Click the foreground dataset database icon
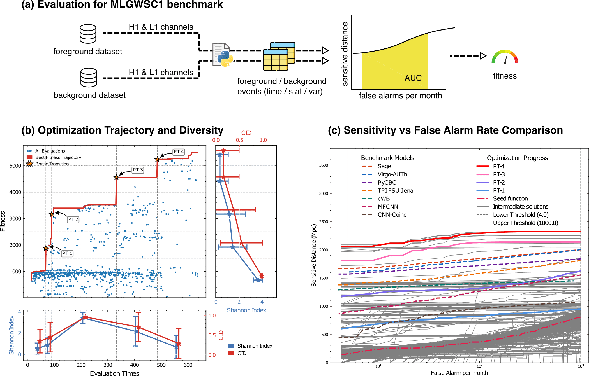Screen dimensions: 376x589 point(88,34)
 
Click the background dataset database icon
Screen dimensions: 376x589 point(89,78)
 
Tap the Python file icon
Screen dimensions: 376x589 point(223,55)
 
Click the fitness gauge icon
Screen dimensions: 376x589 point(505,57)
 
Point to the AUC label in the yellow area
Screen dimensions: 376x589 point(413,78)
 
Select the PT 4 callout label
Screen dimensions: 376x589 point(179,152)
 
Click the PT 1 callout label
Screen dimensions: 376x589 point(67,253)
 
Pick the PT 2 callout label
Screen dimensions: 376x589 point(73,219)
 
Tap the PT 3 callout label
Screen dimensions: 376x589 point(138,170)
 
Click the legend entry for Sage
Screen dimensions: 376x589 point(384,166)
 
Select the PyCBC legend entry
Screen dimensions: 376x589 point(387,183)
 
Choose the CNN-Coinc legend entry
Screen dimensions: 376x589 point(392,215)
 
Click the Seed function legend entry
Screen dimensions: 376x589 point(510,199)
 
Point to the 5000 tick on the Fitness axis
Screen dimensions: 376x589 point(15,166)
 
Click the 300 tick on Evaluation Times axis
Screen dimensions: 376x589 point(108,365)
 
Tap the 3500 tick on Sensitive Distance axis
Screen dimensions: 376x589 point(323,165)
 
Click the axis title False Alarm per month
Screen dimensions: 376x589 point(459,373)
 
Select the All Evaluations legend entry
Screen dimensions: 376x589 point(50,151)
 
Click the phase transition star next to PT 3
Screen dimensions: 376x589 point(116,178)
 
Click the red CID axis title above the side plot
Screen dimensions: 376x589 point(246,133)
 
